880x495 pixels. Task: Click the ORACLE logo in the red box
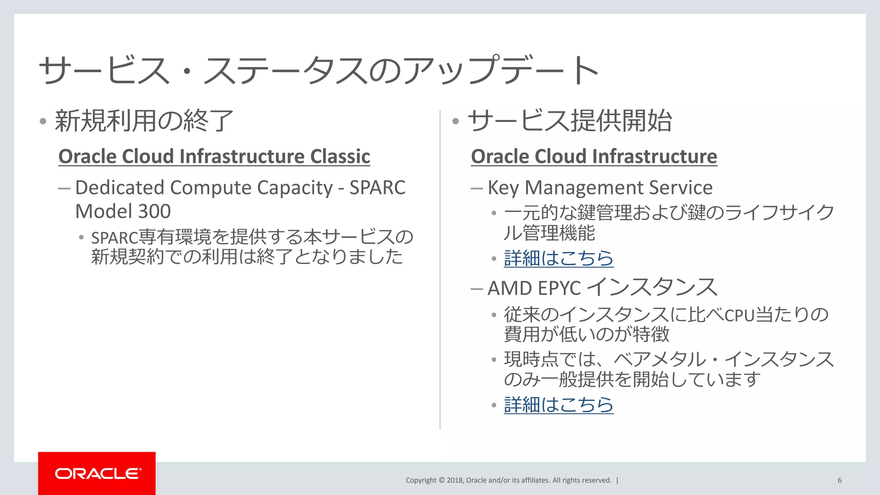(98, 474)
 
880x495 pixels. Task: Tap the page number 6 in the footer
(839, 480)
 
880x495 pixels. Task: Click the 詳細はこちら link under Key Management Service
(558, 258)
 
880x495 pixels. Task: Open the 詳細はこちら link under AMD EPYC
(558, 405)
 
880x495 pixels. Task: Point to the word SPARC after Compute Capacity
(377, 188)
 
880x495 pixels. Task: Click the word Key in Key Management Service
(503, 188)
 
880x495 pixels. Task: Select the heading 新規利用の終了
(144, 121)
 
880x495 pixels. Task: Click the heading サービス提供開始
(570, 121)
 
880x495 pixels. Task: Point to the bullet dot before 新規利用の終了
(43, 121)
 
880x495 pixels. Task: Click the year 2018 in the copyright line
(455, 480)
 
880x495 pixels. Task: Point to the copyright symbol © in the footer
(441, 480)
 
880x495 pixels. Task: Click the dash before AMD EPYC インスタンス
(477, 289)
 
